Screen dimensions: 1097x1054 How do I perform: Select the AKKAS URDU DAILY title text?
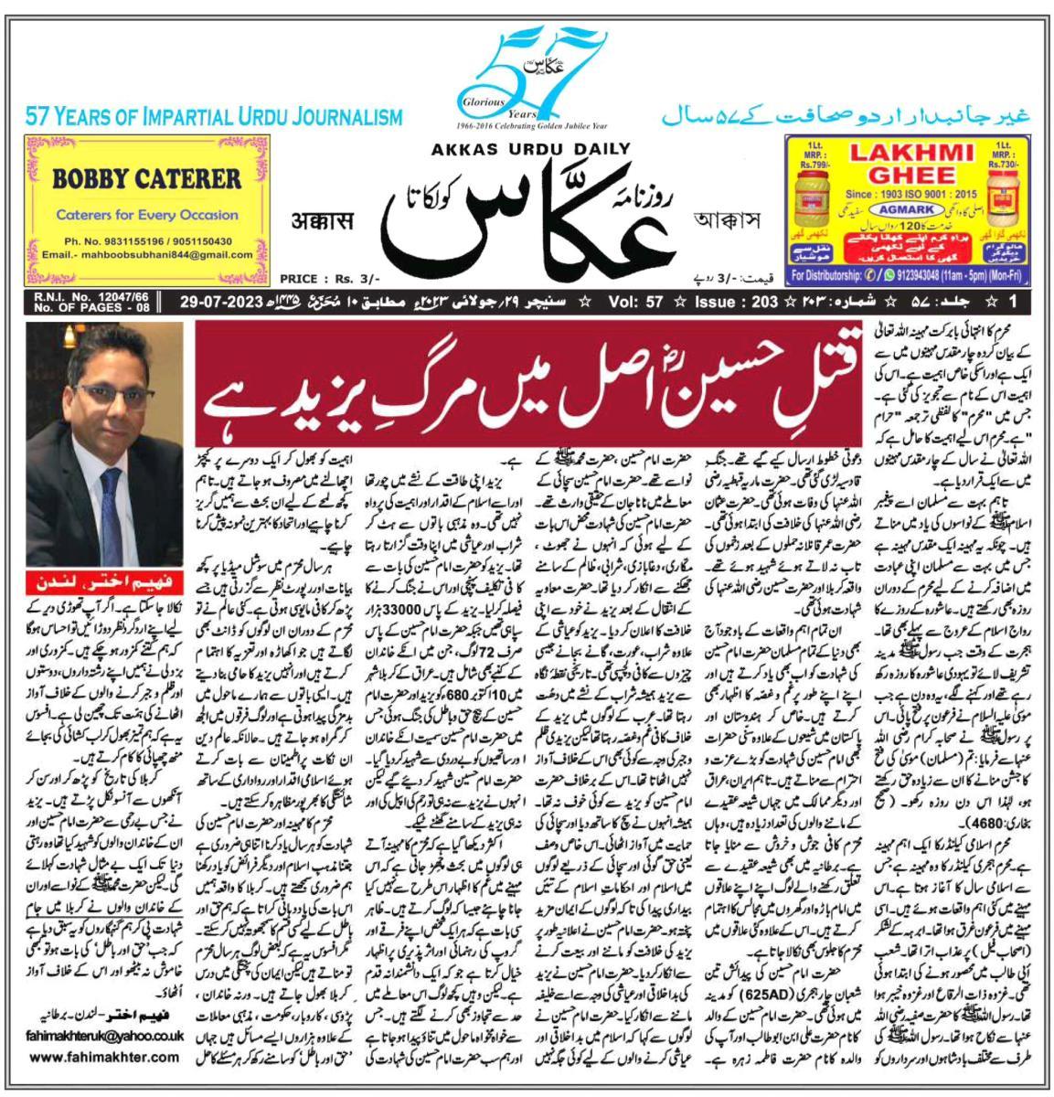point(526,150)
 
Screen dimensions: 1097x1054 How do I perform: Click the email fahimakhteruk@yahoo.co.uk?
point(106,1035)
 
